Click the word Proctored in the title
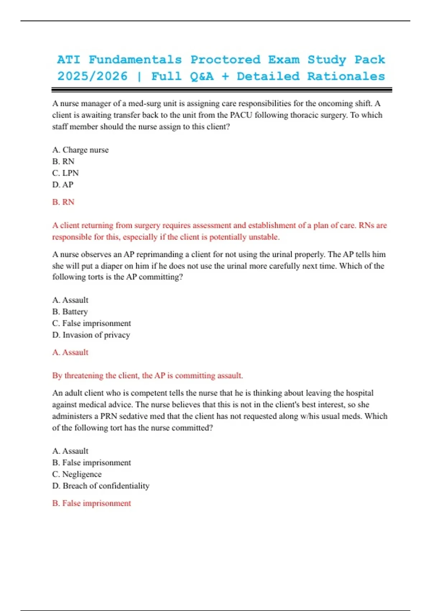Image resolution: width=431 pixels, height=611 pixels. [225, 60]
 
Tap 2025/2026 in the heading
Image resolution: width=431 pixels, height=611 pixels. [92, 76]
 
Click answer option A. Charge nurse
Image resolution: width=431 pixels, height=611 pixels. [80, 150]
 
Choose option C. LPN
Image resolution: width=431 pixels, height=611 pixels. [65, 173]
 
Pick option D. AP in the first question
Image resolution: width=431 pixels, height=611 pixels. [63, 185]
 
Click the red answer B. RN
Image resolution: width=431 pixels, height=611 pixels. [63, 202]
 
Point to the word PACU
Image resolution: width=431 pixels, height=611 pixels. [241, 115]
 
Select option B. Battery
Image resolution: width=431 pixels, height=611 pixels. [70, 312]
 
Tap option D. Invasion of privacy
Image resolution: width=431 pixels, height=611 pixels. [91, 335]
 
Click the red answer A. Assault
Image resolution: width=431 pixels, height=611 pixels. [70, 352]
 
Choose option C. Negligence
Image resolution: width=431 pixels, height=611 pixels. [77, 474]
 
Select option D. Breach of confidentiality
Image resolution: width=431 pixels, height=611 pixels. [101, 486]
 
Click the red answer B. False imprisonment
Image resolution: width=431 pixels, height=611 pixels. [92, 503]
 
